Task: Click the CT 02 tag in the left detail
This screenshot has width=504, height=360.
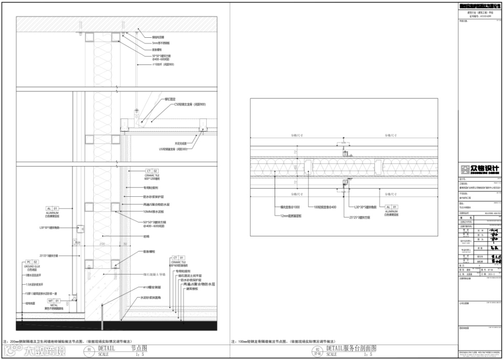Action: (x=152, y=171)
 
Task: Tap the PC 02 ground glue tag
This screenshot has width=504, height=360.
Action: (x=31, y=263)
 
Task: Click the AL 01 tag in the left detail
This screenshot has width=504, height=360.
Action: (x=52, y=208)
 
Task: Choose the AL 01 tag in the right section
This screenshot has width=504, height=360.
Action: (x=391, y=207)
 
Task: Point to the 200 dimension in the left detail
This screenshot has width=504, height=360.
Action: (x=101, y=244)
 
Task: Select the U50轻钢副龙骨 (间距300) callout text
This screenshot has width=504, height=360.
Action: (x=173, y=149)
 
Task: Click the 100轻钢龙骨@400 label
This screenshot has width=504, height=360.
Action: (x=325, y=207)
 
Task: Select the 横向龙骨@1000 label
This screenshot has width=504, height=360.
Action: (x=290, y=207)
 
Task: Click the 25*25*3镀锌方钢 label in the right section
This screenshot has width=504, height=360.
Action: (x=360, y=217)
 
